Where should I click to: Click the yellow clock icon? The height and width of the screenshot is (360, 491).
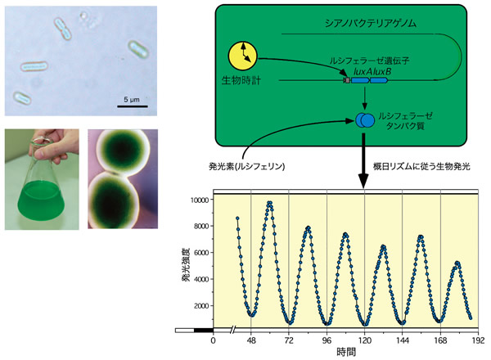click(242, 56)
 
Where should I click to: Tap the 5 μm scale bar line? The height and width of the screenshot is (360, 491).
click(133, 106)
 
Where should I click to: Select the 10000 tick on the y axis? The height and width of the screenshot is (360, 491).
click(200, 200)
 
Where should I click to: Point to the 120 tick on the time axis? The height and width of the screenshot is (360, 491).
click(364, 340)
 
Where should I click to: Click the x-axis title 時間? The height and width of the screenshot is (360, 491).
click(346, 352)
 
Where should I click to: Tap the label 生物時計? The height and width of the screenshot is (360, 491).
click(241, 80)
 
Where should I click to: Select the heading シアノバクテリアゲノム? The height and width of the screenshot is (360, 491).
click(371, 23)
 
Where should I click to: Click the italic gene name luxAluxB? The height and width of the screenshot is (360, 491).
click(372, 72)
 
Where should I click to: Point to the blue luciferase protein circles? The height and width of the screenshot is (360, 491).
click(365, 120)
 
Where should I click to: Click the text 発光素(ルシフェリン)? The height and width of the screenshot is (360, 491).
click(247, 166)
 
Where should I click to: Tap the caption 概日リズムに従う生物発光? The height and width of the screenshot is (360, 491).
click(421, 166)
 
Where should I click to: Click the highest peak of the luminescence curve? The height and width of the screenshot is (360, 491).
click(269, 203)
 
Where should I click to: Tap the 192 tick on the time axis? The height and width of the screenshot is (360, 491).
click(478, 340)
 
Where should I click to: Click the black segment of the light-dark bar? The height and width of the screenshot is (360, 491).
click(204, 331)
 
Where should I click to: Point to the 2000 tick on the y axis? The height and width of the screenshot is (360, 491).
click(201, 305)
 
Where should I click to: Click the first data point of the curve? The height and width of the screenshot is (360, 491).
click(237, 218)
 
